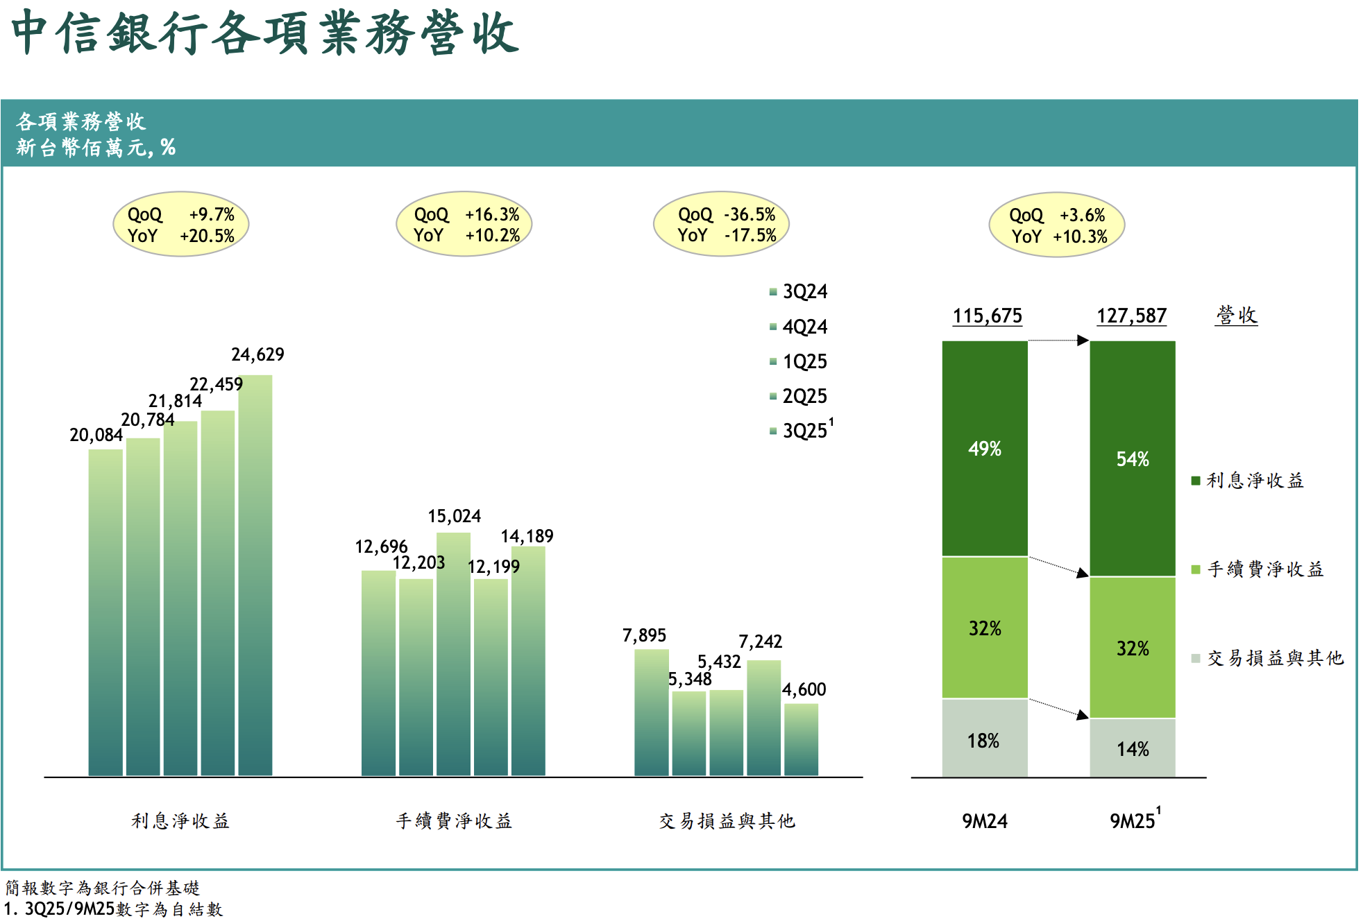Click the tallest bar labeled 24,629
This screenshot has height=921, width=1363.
tap(255, 576)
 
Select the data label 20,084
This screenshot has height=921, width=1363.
tap(96, 435)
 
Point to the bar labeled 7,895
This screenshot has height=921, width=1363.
tap(652, 712)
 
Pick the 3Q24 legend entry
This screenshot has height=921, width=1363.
tap(799, 291)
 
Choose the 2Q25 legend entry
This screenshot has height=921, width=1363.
tap(799, 396)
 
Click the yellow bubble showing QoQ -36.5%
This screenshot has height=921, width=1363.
tap(721, 225)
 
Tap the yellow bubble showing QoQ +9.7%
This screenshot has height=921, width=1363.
tap(180, 225)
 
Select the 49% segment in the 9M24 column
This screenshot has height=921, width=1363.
tap(984, 449)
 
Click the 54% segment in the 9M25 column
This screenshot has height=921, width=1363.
tap(1132, 458)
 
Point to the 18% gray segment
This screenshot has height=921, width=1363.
tap(984, 739)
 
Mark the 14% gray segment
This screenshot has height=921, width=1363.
tap(1132, 748)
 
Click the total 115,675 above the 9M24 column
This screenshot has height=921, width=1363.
tap(987, 316)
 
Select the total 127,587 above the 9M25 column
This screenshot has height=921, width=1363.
tap(1131, 316)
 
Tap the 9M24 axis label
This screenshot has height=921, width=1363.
tap(984, 821)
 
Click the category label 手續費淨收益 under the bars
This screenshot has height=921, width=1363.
tap(454, 821)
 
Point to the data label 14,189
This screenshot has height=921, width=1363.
tap(527, 536)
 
